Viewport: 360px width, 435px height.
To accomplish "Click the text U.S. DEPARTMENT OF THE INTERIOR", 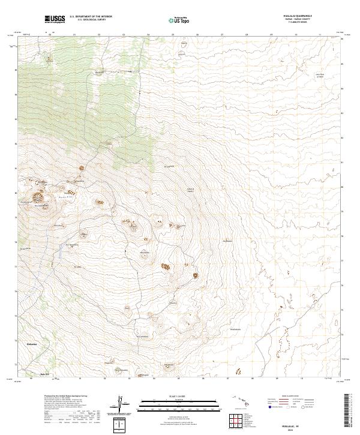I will [91, 17].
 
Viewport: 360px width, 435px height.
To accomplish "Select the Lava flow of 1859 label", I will [319, 76].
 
